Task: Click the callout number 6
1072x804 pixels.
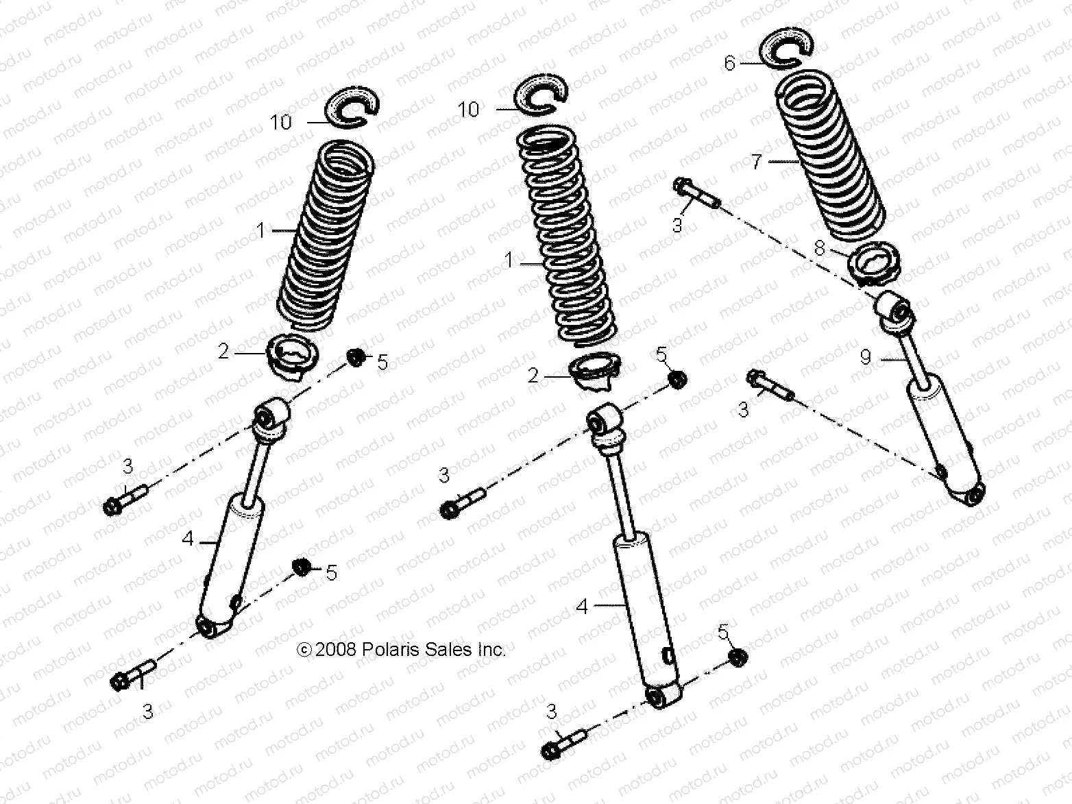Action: coord(729,64)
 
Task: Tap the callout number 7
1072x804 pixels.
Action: coord(757,163)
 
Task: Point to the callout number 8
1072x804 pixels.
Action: coord(820,248)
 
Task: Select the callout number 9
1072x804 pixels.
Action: coord(866,357)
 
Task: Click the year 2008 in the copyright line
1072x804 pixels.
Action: coord(335,649)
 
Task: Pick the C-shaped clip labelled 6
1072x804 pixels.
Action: coord(787,50)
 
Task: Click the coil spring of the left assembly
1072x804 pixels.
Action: coord(326,233)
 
